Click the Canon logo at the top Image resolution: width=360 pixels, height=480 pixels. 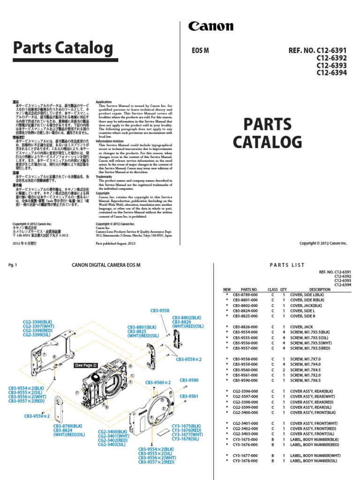210,27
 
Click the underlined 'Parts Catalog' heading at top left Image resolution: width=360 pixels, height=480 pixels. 63,48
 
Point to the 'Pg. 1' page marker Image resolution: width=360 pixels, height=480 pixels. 13,265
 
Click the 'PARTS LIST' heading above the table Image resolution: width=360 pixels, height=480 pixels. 287,265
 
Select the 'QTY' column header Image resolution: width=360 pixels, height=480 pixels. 283,290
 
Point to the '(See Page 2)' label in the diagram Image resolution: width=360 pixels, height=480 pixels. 85,365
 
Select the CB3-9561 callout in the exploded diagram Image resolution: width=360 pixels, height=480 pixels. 189,397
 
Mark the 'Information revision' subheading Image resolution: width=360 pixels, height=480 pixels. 110,141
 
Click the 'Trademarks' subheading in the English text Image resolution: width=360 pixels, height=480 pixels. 105,177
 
